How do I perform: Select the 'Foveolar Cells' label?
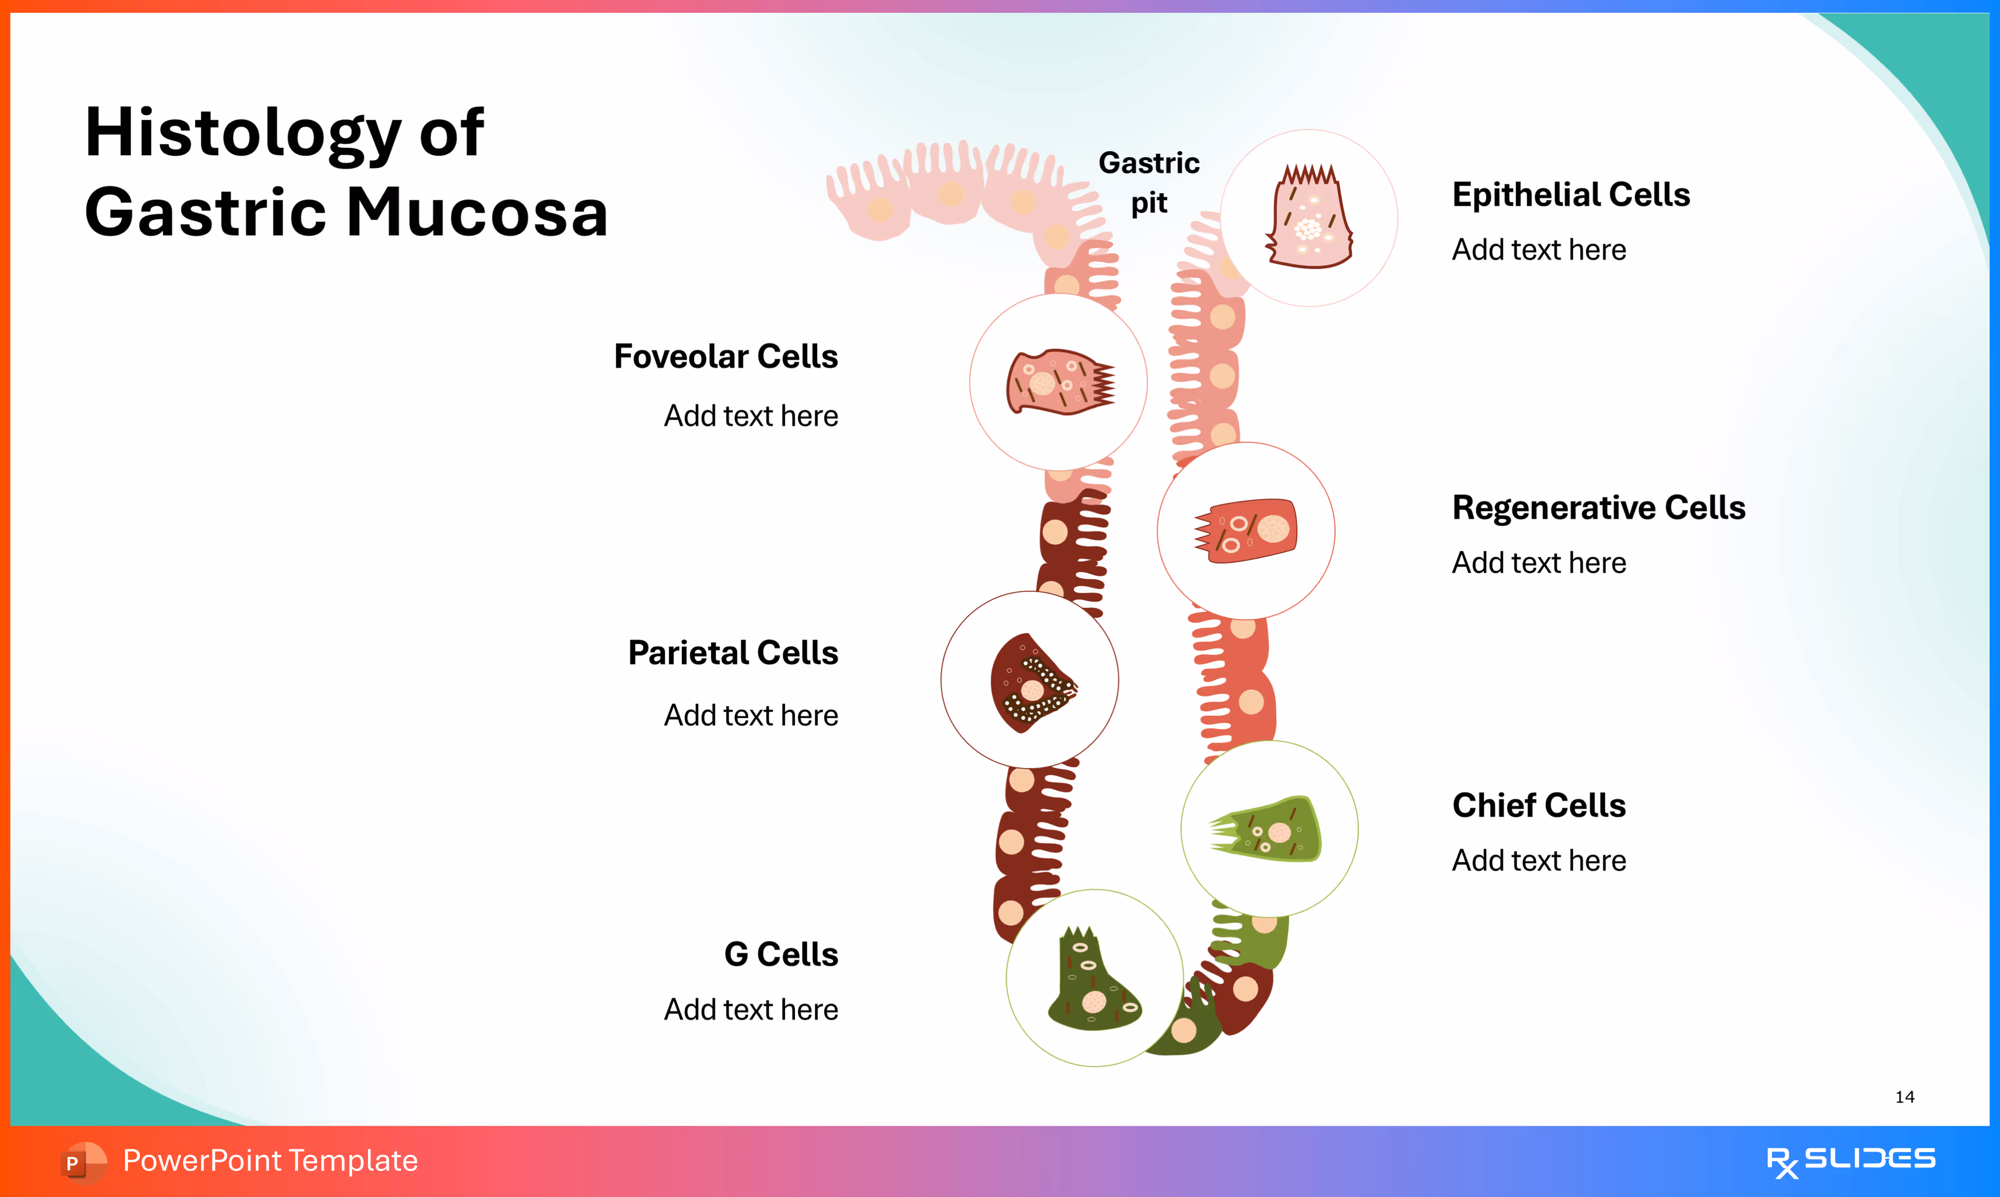pos(726,357)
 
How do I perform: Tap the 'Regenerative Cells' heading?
pos(1599,508)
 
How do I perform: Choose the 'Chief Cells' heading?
pos(1539,806)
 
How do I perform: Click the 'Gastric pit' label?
pos(1149,182)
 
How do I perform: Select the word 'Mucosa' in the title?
pos(477,213)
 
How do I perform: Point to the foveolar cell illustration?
pos(1059,382)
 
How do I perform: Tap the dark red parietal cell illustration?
pos(1031,682)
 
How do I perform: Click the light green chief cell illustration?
pos(1268,829)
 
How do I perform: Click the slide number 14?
pos(1905,1097)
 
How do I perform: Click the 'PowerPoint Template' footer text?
pos(270,1162)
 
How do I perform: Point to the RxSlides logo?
pos(1850,1162)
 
